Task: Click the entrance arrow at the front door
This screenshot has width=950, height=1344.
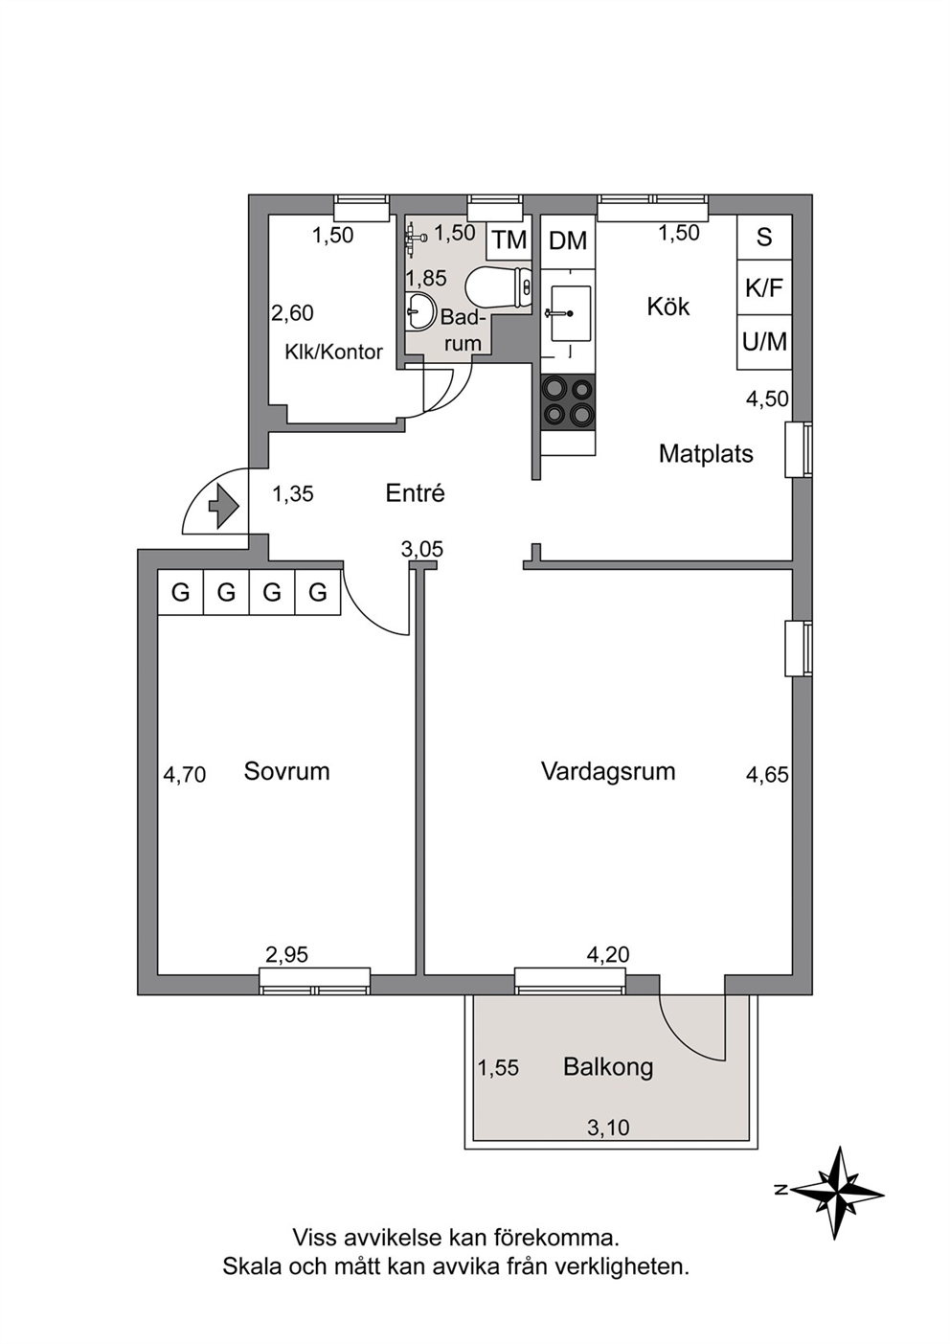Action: (225, 506)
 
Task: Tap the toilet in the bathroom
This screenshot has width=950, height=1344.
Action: (498, 287)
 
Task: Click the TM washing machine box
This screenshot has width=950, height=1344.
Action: (509, 240)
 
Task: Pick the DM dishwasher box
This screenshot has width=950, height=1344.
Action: (568, 241)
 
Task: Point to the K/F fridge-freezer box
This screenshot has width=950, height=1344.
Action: (764, 288)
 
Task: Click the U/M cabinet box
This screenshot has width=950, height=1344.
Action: (764, 342)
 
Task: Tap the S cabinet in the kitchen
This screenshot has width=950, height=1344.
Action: (764, 238)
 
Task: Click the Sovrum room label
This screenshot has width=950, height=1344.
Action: (286, 771)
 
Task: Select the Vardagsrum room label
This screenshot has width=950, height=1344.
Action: (608, 771)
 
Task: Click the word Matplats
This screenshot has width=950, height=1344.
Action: (706, 454)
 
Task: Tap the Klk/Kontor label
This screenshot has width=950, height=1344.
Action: (333, 352)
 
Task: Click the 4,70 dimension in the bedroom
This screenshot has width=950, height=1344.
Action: (185, 775)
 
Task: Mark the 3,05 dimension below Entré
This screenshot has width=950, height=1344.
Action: (423, 549)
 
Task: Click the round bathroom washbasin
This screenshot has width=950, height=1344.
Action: (421, 311)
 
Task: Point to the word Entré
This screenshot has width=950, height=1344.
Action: (415, 493)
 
